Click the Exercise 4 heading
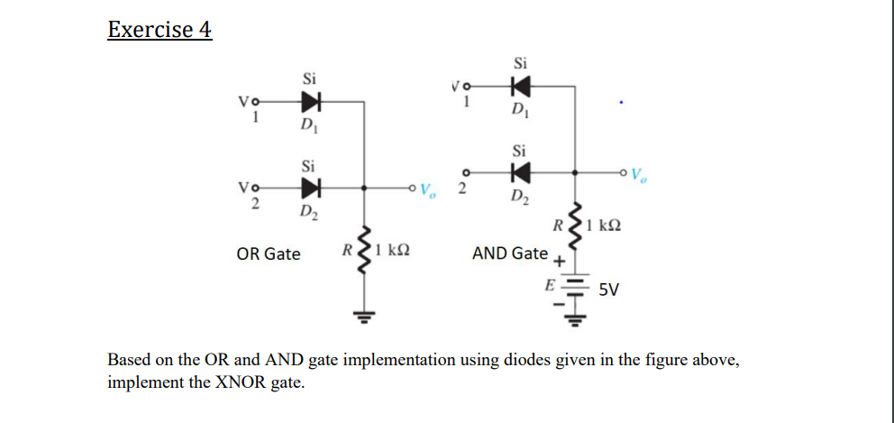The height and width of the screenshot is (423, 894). point(160,30)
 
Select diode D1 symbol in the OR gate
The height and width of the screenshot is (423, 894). point(312,100)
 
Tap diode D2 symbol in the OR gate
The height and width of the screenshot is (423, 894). point(312,189)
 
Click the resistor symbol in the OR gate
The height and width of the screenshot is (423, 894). point(364,253)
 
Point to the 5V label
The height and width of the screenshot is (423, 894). point(609,290)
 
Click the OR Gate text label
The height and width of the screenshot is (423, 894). point(269,254)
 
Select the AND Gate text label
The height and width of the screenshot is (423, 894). point(510,253)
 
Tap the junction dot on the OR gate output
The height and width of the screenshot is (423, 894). point(364,189)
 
